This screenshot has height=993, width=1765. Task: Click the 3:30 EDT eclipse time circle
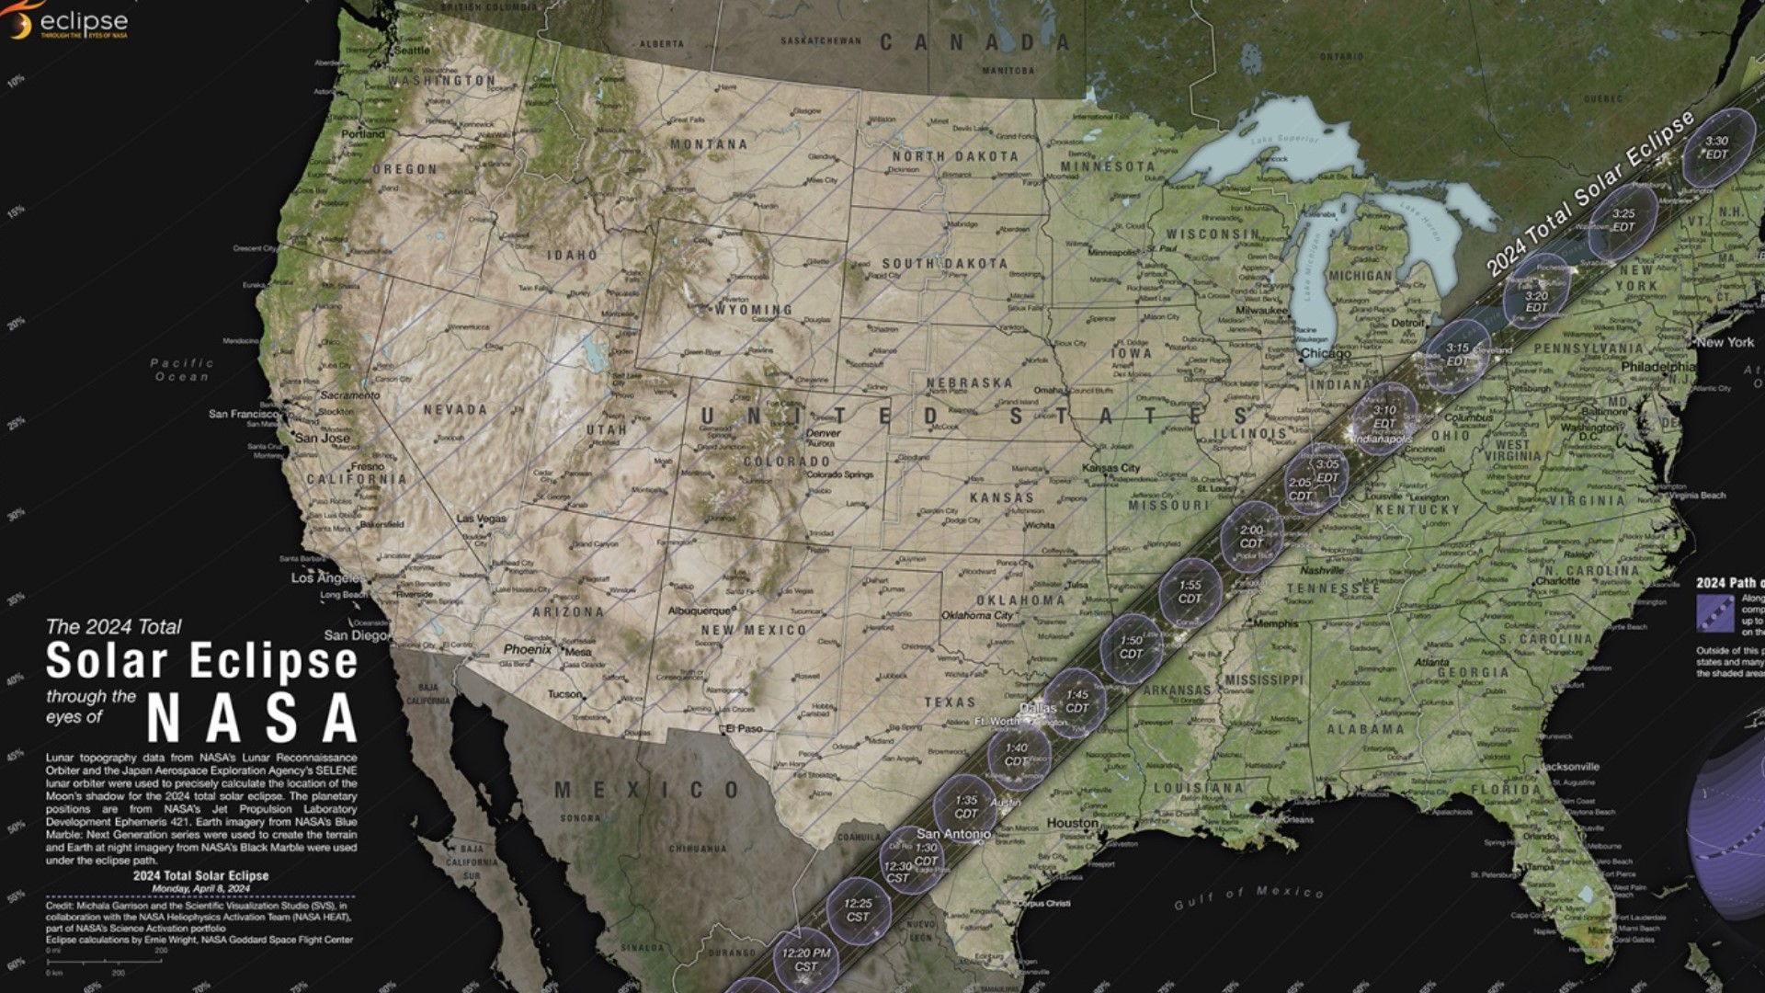(x=1717, y=147)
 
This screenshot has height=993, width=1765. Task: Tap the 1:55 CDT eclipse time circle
(x=1190, y=591)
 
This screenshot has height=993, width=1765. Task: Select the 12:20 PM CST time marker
(x=805, y=959)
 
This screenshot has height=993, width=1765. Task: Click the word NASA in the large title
(x=252, y=717)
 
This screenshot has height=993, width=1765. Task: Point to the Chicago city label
(x=1326, y=354)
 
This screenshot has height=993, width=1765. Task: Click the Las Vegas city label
(x=482, y=519)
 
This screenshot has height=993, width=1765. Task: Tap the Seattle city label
(x=411, y=51)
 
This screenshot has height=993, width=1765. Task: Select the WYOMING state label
(x=754, y=310)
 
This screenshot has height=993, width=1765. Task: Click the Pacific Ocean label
(x=182, y=370)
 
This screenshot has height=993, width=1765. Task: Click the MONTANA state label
(x=709, y=144)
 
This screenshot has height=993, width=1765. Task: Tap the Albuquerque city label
(x=700, y=611)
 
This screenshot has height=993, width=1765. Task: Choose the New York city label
(x=1725, y=342)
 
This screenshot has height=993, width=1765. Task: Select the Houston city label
(x=1072, y=823)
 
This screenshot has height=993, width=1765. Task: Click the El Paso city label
(x=743, y=729)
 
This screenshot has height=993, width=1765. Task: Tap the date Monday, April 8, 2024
(x=200, y=889)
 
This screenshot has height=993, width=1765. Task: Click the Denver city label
(x=823, y=433)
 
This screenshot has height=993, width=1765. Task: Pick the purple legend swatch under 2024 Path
(x=1714, y=613)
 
